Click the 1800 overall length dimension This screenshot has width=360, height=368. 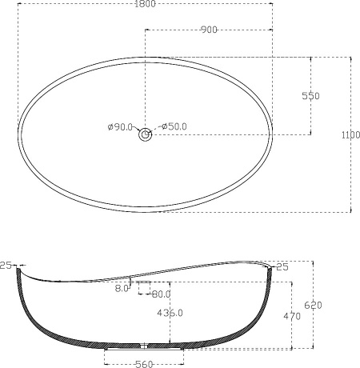tap(145, 4)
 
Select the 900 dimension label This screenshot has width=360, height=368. tap(209, 30)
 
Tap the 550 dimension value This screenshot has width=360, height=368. tap(310, 96)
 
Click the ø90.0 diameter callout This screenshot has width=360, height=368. tap(120, 126)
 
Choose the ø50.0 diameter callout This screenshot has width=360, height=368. tap(174, 126)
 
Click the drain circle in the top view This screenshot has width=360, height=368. tap(146, 135)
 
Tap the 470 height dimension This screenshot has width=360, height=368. tap(292, 316)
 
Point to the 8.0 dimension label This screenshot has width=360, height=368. tap(122, 289)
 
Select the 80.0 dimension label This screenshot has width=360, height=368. tap(161, 293)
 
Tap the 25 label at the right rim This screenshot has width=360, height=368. tap(282, 266)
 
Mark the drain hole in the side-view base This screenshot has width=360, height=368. tap(145, 347)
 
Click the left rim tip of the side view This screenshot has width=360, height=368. tap(18, 268)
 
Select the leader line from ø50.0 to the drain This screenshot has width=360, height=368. tap(155, 129)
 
